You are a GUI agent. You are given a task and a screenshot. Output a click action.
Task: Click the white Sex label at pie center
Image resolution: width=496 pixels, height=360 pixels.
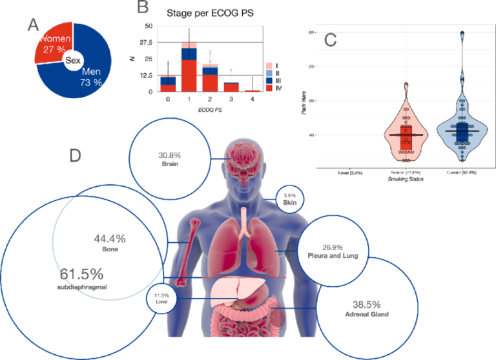click(x=72, y=60)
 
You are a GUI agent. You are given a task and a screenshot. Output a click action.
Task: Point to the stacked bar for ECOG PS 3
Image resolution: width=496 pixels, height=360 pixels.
click(x=231, y=87)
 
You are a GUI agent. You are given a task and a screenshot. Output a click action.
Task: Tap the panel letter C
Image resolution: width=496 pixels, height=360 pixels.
click(x=329, y=39)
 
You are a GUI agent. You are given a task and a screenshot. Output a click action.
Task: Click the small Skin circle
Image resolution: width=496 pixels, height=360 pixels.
click(x=289, y=198)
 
